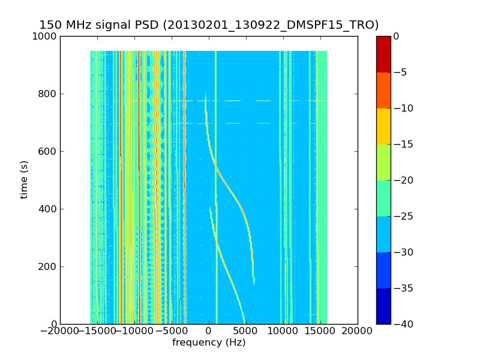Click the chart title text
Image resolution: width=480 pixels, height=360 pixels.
click(x=209, y=25)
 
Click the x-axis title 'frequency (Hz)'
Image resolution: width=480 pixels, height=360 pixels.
click(x=209, y=343)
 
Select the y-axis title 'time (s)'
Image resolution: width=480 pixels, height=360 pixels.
click(x=24, y=179)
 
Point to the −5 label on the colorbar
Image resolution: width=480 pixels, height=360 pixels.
click(x=401, y=72)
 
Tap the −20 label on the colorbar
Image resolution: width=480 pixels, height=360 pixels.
click(x=403, y=180)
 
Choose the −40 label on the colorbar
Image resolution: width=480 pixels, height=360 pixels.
click(x=403, y=324)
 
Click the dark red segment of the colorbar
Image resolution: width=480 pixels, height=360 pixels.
click(x=383, y=54)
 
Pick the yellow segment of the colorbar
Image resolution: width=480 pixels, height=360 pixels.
click(x=383, y=126)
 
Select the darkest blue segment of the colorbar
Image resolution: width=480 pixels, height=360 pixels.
click(x=383, y=306)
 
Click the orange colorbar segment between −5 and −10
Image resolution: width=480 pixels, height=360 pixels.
click(x=383, y=90)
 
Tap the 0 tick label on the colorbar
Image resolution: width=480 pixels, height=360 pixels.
click(x=397, y=36)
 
